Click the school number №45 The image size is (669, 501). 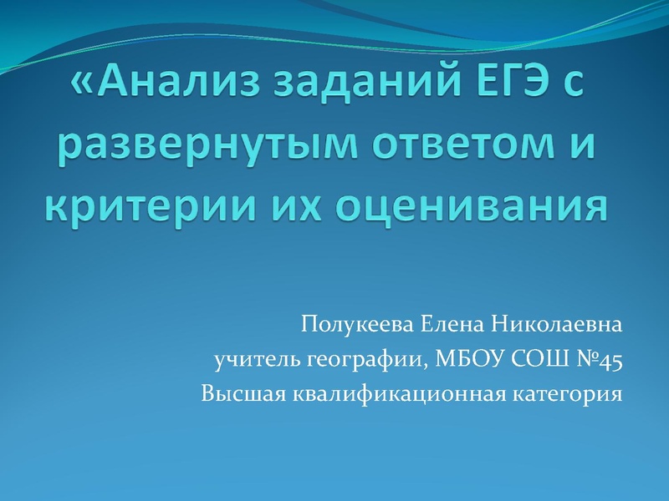pyautogui.click(x=597, y=359)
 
